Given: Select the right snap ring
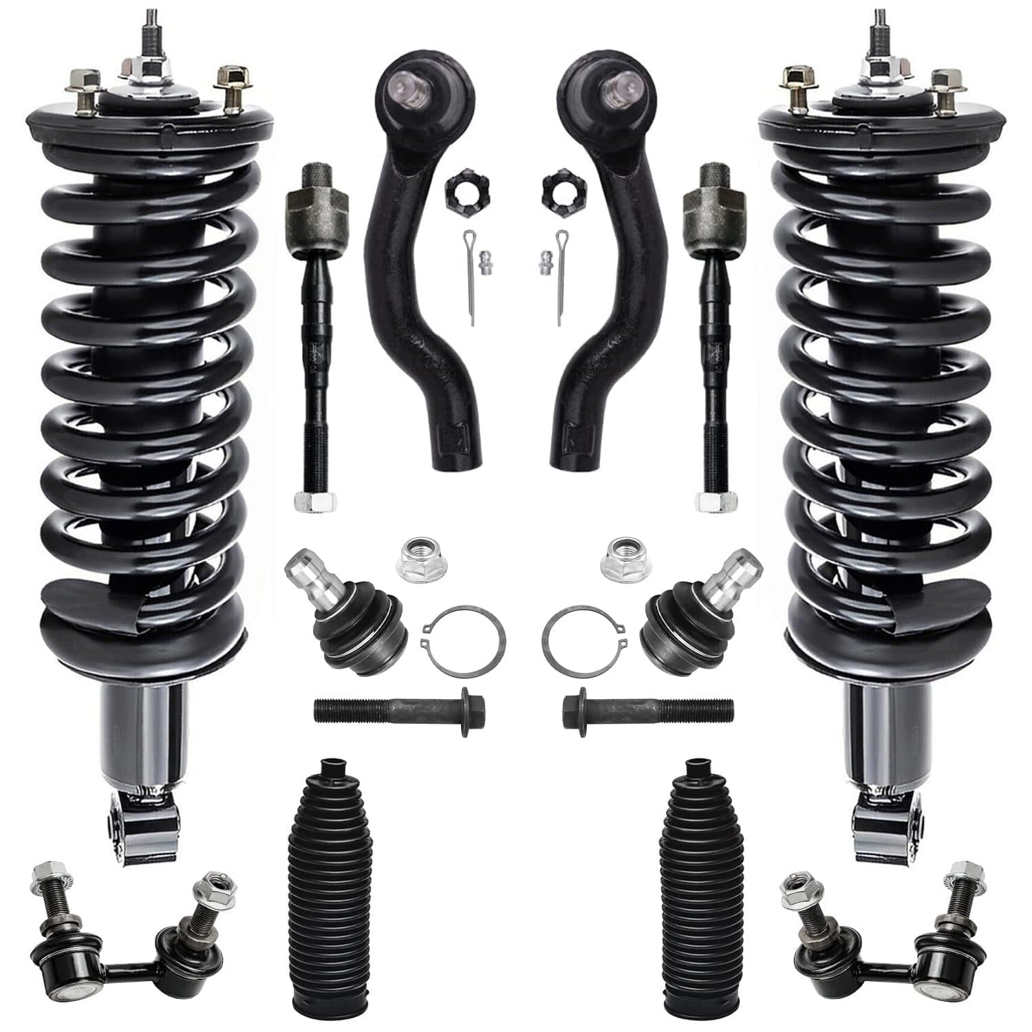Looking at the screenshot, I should (x=583, y=636).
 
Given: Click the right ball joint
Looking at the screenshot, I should (x=680, y=616).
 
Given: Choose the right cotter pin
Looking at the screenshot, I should (x=563, y=275).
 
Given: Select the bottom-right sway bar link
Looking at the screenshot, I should (x=888, y=922).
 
